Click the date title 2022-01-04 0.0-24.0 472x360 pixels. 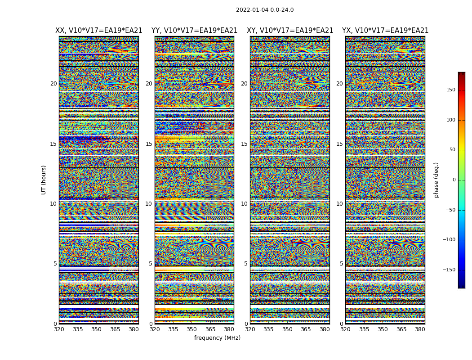tap(265, 10)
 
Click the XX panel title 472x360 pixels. tap(98, 31)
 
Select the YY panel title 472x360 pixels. tap(194, 31)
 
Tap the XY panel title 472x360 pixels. tap(290, 31)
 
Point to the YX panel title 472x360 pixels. tap(385, 31)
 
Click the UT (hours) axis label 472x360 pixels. tap(44, 180)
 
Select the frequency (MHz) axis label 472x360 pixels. tap(217, 338)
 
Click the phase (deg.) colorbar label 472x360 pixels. tap(436, 180)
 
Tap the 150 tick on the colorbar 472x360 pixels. tap(450, 90)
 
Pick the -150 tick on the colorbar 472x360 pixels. tap(448, 270)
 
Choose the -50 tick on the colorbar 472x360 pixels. tap(450, 210)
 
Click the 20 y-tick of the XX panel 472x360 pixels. tap(53, 84)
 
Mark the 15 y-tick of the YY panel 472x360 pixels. tap(148, 144)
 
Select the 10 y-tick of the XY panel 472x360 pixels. tap(244, 204)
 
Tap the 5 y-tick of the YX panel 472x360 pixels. tap(341, 264)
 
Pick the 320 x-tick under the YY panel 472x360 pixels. tap(155, 329)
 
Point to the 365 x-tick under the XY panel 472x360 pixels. tap(306, 329)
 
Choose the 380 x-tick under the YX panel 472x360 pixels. tap(420, 329)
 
